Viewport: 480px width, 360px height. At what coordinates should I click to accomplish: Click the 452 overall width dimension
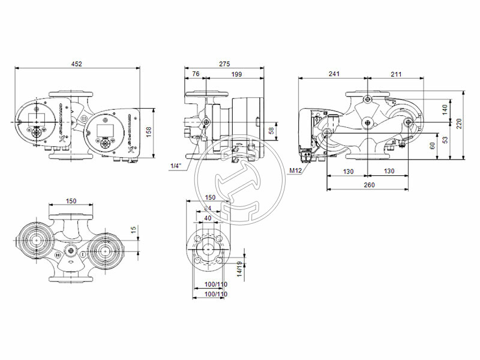tap(77, 64)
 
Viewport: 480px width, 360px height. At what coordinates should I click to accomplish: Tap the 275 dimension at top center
tap(224, 64)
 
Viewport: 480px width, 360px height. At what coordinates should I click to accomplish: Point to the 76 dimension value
tap(196, 74)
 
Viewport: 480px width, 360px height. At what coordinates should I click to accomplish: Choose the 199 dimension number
tap(236, 74)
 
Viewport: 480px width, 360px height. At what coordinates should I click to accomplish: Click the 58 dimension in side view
tap(271, 130)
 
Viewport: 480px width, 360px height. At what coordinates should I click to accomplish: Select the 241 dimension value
tap(334, 74)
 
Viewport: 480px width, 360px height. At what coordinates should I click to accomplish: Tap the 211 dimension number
tap(396, 74)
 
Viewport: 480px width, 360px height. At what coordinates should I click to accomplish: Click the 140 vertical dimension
tap(445, 109)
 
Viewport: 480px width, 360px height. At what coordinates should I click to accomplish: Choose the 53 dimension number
tap(445, 140)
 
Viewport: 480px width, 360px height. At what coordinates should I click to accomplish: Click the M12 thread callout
tap(295, 170)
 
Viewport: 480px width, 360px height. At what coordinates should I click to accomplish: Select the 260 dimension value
tap(368, 185)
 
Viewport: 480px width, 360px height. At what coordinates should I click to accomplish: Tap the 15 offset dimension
tap(134, 229)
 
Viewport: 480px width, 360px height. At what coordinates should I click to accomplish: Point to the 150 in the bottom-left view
tap(71, 202)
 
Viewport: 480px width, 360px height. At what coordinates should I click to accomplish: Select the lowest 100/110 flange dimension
tap(215, 295)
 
